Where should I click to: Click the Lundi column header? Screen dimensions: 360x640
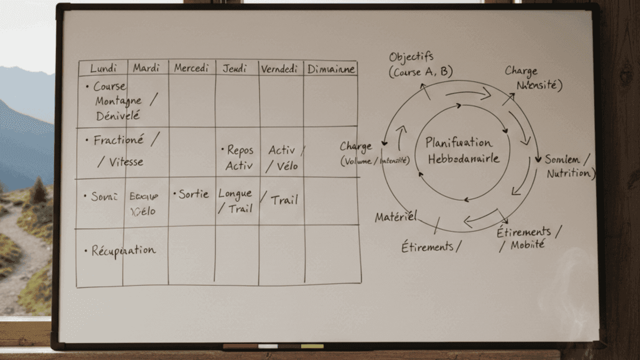tap(103, 68)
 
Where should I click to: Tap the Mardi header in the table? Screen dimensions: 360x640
tap(146, 68)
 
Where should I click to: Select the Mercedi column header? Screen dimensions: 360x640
tap(191, 68)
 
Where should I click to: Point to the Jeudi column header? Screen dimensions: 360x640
tap(235, 69)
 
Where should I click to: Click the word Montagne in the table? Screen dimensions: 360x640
tap(118, 100)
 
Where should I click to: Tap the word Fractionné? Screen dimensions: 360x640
tap(118, 140)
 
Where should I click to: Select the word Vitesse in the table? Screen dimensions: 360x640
tap(126, 162)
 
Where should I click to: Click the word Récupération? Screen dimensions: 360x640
tap(123, 250)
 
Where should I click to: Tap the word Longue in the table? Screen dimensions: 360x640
tap(235, 193)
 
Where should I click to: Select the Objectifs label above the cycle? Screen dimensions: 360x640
tap(411, 57)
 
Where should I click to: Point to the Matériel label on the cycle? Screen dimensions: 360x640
tap(395, 217)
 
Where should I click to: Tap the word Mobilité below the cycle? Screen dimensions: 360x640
tap(528, 245)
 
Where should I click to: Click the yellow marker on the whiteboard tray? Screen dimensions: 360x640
tap(312, 346)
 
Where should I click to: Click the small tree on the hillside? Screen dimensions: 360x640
tap(38, 190)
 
